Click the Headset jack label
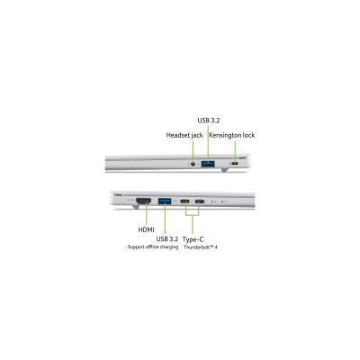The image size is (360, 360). (x=184, y=135)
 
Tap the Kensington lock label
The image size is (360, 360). (x=232, y=135)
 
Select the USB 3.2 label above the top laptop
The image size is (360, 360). (x=209, y=121)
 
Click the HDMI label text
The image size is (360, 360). (x=146, y=229)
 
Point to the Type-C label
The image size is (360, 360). (x=193, y=239)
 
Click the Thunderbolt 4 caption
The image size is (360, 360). (x=201, y=247)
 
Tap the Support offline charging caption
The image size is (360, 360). (x=153, y=247)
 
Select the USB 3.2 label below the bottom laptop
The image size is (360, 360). (x=167, y=239)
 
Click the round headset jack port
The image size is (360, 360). (x=193, y=164)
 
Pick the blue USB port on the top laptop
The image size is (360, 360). (x=208, y=164)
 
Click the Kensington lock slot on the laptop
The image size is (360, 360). (x=235, y=164)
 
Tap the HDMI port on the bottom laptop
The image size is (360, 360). (x=144, y=201)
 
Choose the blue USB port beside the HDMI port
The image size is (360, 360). (x=165, y=201)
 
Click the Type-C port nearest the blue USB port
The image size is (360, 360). (x=184, y=202)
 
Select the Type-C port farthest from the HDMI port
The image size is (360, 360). (x=200, y=202)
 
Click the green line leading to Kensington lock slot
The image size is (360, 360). (x=235, y=152)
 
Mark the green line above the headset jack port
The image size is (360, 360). (x=193, y=152)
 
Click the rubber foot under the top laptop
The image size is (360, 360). (x=225, y=170)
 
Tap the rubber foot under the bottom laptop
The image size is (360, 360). (x=135, y=206)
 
